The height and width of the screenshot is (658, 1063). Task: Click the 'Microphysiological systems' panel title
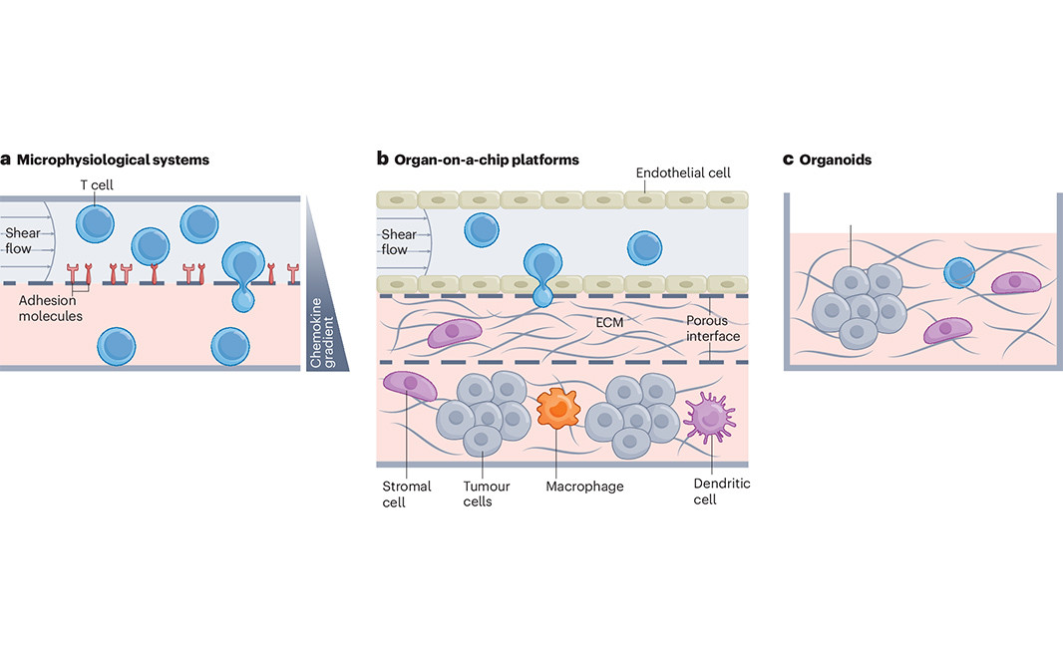113,160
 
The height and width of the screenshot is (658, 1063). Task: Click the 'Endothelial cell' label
683,173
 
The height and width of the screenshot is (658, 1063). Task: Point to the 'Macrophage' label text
584,487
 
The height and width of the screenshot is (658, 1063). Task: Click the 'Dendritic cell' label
721,491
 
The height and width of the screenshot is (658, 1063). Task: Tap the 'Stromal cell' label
407,493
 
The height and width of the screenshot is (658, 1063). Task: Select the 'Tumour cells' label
487,493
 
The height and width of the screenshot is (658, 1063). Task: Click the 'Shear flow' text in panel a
19,241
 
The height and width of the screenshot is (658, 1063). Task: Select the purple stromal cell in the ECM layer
456,333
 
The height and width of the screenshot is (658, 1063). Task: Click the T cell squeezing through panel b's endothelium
541,271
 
